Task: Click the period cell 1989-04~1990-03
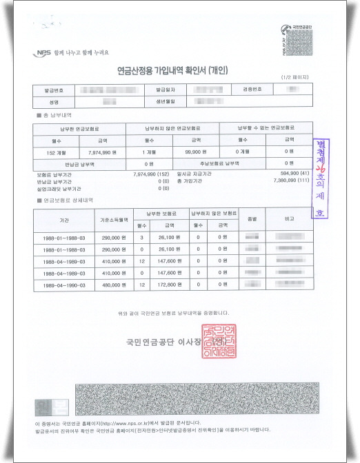point(59,283)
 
